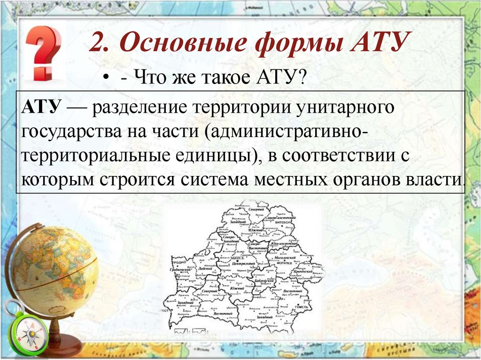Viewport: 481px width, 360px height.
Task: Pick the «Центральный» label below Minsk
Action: click(243, 264)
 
